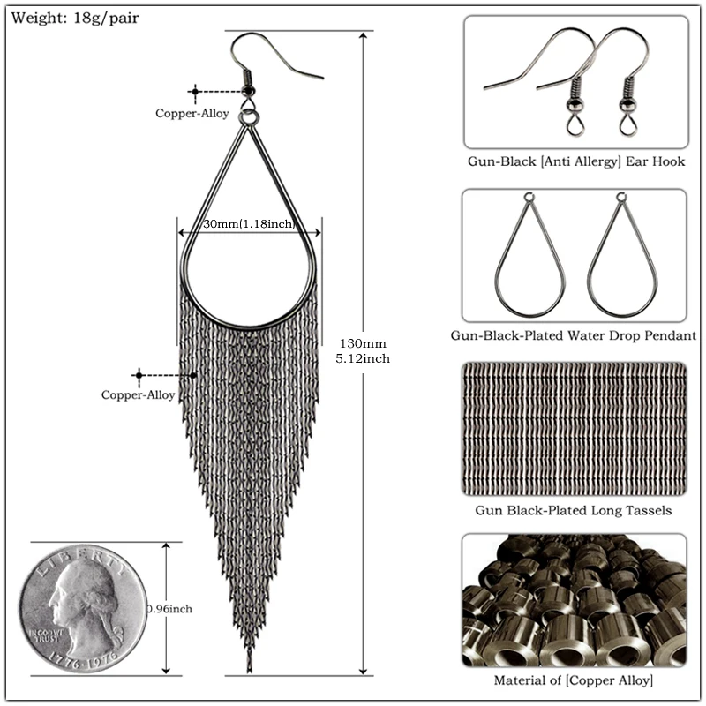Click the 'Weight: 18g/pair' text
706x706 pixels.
75,17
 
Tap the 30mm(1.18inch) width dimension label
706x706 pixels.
248,225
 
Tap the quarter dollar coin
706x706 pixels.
84,607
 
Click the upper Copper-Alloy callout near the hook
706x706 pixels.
192,113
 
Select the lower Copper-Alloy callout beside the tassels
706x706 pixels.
139,394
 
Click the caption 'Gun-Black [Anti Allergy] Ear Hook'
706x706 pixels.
576,162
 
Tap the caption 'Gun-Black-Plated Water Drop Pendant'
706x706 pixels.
574,335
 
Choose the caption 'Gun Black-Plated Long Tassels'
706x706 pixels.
574,510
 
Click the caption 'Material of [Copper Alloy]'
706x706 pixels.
574,680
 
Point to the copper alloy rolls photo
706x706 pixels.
574,600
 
